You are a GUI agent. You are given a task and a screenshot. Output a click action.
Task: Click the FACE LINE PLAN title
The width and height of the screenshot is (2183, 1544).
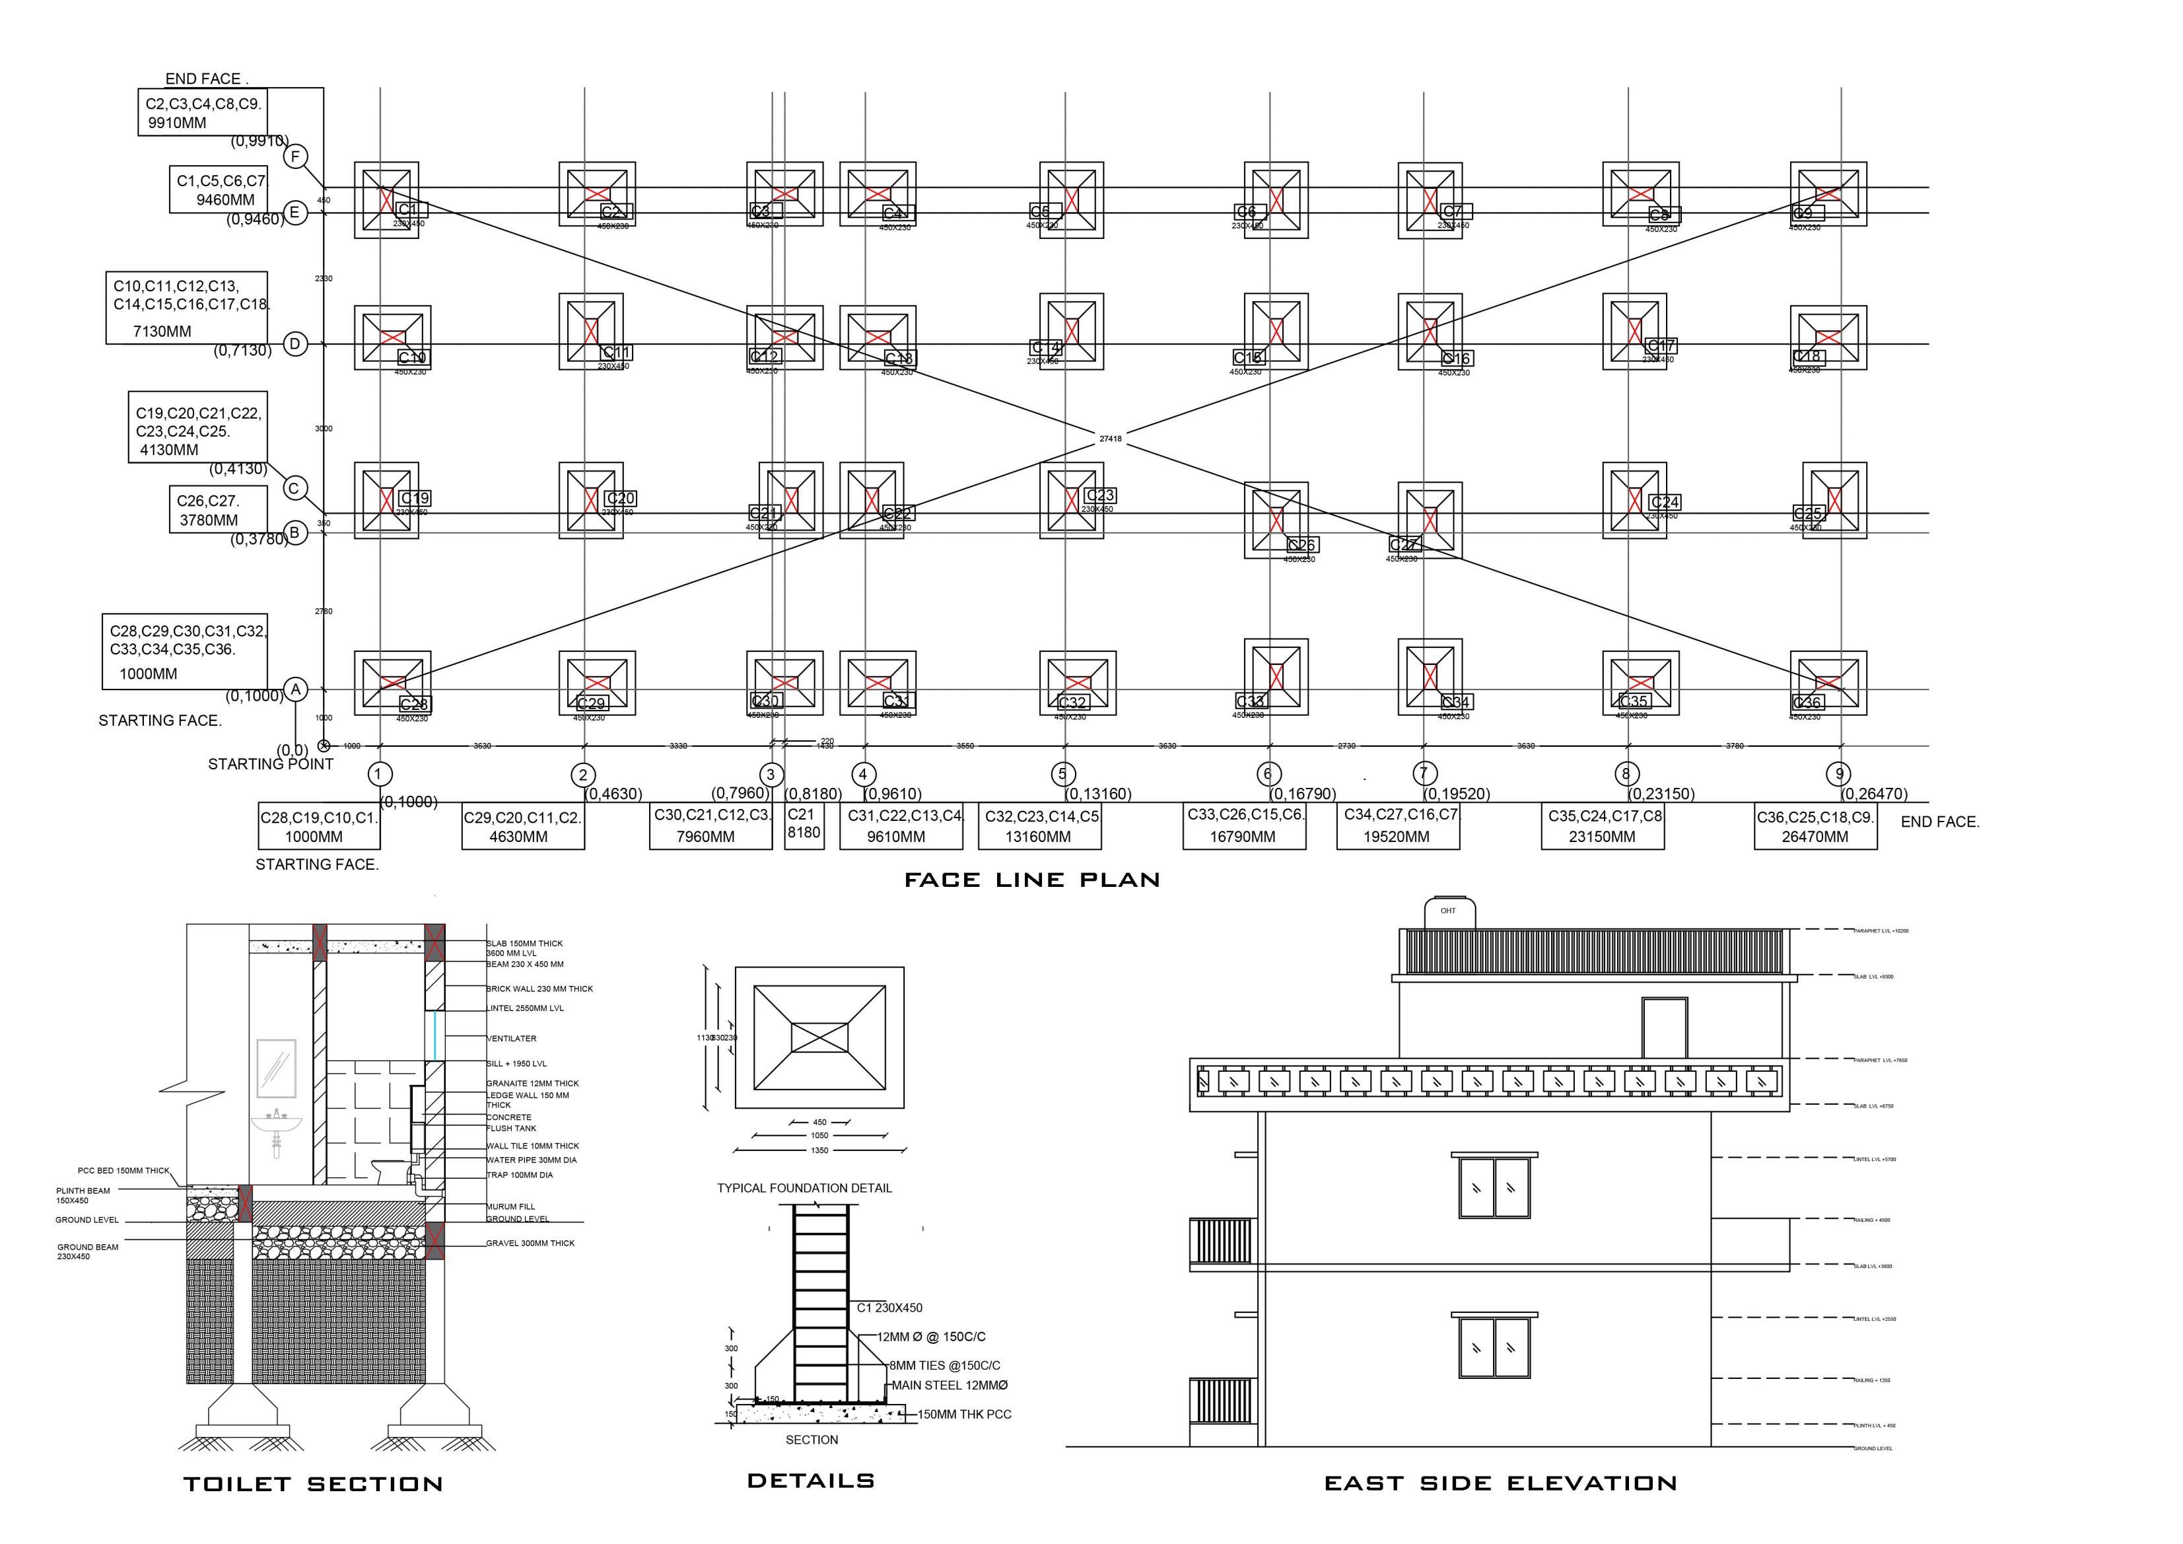pyautogui.click(x=1031, y=880)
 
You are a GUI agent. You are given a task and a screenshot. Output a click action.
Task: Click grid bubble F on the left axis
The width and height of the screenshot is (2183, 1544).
pyautogui.click(x=296, y=157)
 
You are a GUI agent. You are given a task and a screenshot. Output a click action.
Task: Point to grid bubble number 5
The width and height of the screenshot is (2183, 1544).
pyautogui.click(x=1063, y=774)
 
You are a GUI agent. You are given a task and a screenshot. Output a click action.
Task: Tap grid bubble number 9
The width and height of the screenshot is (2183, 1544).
pyautogui.click(x=1839, y=774)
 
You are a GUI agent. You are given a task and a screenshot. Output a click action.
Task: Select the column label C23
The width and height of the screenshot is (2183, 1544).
pyautogui.click(x=1099, y=495)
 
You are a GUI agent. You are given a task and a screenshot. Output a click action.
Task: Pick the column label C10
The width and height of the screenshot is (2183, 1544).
pyautogui.click(x=413, y=357)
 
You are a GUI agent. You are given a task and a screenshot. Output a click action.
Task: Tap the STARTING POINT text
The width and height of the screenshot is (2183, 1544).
pyautogui.click(x=270, y=764)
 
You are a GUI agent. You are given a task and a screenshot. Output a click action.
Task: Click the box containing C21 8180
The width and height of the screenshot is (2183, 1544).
pyautogui.click(x=804, y=824)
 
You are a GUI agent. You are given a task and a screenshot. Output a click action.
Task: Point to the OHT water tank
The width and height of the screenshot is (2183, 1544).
pyautogui.click(x=1448, y=913)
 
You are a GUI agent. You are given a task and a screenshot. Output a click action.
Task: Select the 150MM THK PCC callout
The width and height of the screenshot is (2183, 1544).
pyautogui.click(x=963, y=1415)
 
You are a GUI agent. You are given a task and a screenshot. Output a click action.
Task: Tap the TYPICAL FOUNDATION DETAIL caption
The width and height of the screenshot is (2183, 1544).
pyautogui.click(x=804, y=1189)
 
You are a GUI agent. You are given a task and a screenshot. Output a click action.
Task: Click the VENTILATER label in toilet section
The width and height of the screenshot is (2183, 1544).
pyautogui.click(x=512, y=1038)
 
